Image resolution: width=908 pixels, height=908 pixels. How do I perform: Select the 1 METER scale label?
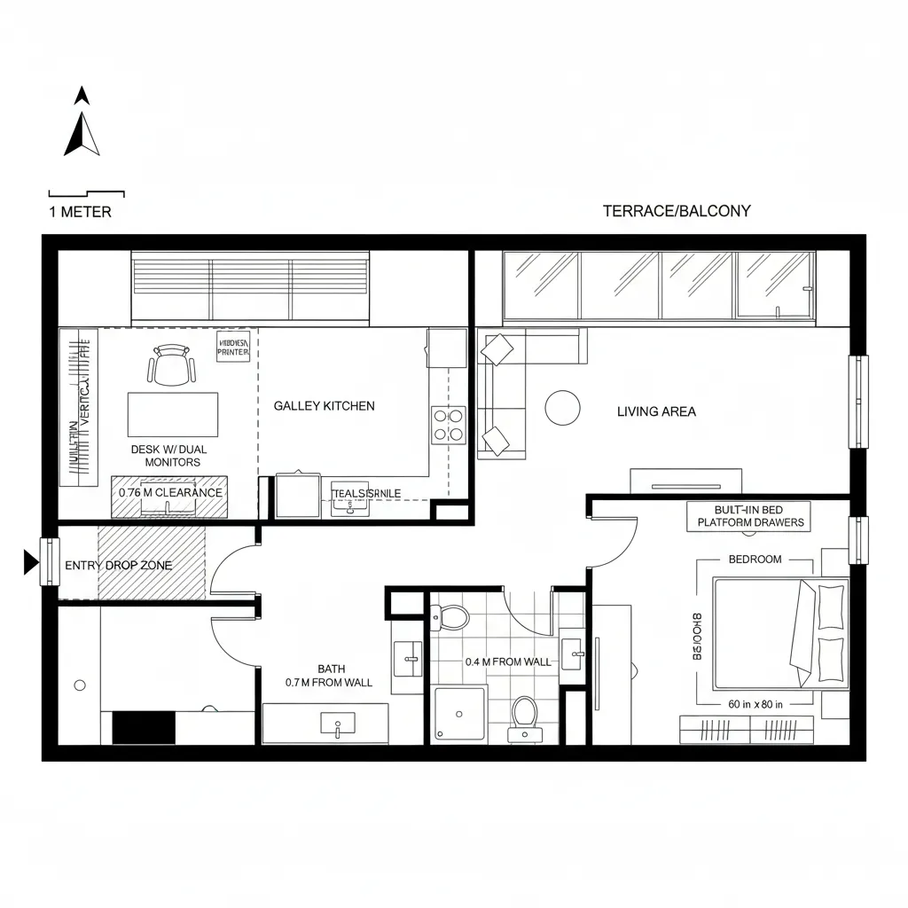(x=80, y=212)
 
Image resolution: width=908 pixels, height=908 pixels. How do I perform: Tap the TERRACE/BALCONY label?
(x=677, y=211)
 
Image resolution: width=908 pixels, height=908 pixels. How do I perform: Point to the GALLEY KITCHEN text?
(x=324, y=406)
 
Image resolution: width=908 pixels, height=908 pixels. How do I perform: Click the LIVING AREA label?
(x=656, y=411)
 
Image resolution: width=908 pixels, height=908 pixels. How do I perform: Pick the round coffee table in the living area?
(x=562, y=408)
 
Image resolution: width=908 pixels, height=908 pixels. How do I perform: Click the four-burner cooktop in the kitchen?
(x=448, y=425)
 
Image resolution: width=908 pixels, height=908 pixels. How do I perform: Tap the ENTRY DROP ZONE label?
(x=119, y=566)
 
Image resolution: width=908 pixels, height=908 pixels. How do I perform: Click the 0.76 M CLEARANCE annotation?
(x=170, y=493)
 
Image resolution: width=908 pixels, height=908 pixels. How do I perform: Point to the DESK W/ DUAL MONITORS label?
(x=168, y=456)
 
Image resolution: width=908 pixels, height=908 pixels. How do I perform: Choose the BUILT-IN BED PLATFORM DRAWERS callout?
(x=750, y=517)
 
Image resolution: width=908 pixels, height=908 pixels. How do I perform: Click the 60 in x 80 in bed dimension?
(x=755, y=705)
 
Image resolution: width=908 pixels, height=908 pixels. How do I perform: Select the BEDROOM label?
(x=755, y=560)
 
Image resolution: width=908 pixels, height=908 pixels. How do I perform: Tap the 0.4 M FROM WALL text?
(x=508, y=661)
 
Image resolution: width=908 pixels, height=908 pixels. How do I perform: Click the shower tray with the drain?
(x=459, y=714)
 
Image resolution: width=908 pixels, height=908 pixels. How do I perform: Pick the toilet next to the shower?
(x=524, y=714)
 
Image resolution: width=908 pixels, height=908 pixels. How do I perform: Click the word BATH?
(x=331, y=669)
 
